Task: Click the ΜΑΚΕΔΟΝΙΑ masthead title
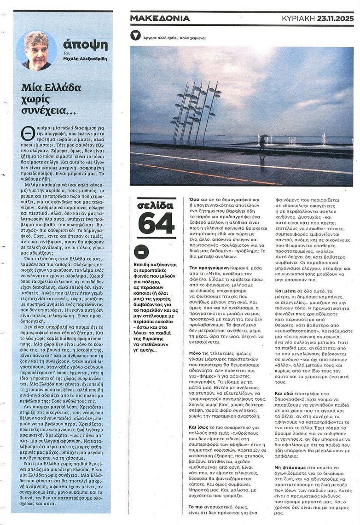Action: coord(160,18)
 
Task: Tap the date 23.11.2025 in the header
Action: coord(336,18)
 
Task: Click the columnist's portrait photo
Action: coord(37,51)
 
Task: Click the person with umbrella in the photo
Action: coord(262,143)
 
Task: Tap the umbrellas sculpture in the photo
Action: coord(194,111)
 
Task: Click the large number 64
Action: coord(156,224)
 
